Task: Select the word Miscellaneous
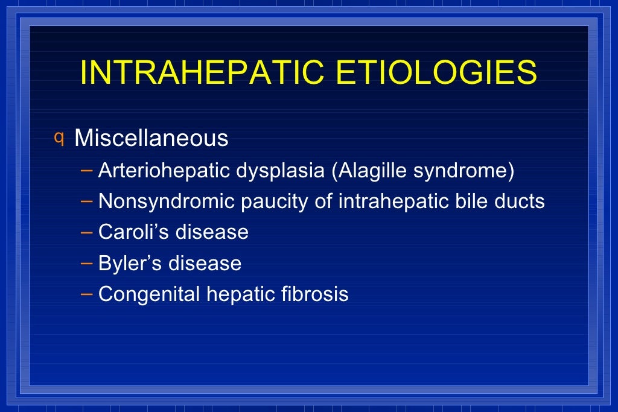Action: pos(151,139)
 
